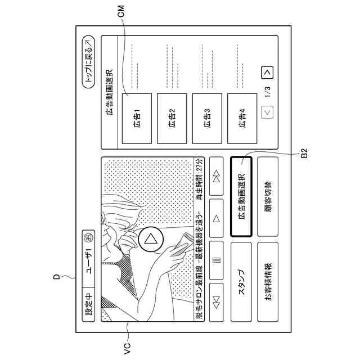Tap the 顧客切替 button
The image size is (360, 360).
(x=267, y=196)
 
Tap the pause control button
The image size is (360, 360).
(x=217, y=261)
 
